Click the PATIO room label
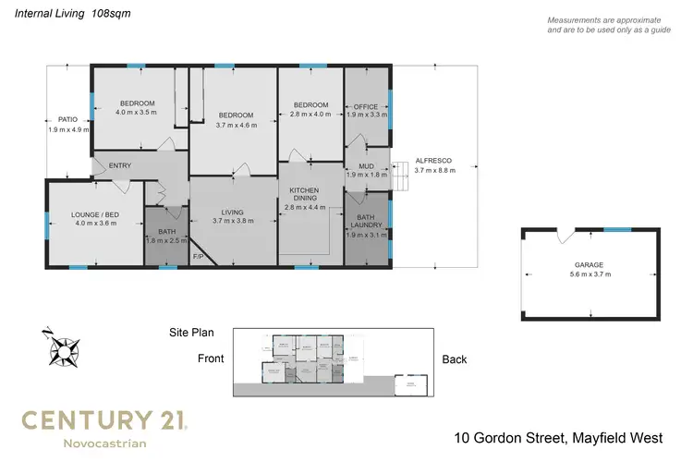[67, 119]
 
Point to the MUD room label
[365, 165]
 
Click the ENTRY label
[120, 166]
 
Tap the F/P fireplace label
[198, 256]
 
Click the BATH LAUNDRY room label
[367, 222]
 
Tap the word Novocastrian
[104, 444]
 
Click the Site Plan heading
[191, 330]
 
